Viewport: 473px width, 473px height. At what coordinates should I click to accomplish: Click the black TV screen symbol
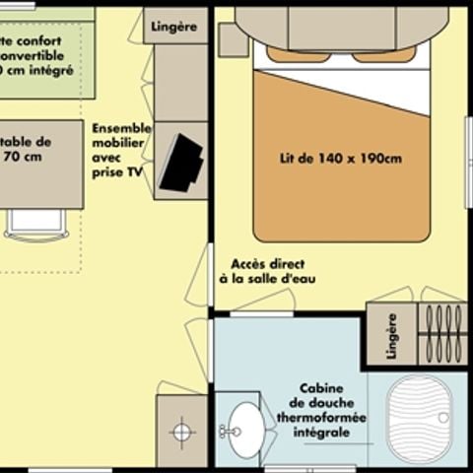coord(180,162)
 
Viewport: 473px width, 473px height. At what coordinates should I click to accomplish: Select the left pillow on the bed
coord(298,54)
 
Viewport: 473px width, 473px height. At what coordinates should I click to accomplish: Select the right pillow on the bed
coord(385,54)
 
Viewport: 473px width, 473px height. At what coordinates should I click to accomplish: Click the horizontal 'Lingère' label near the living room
coord(176,27)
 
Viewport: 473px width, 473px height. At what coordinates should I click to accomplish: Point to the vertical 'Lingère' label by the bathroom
coord(391,335)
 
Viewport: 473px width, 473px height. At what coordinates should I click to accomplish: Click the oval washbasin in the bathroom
coord(245,431)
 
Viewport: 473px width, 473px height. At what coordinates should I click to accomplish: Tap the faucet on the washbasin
coord(228,431)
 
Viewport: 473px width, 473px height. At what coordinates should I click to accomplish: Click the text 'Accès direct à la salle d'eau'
coord(268,271)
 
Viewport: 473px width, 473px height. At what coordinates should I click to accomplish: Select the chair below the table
coord(36,226)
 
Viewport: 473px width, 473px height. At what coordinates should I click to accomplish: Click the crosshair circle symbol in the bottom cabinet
coord(181,431)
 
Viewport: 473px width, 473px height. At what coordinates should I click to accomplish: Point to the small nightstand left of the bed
coord(233,39)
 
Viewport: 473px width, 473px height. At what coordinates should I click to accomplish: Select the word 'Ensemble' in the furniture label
coord(121,128)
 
